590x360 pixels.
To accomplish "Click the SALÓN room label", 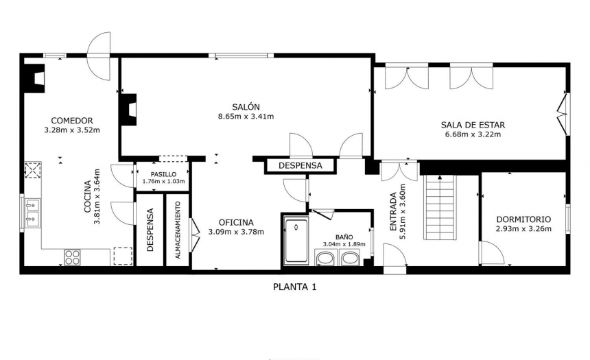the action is (246, 107).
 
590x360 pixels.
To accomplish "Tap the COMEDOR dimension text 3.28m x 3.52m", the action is (72, 130).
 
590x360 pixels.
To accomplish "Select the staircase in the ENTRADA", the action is (440, 207).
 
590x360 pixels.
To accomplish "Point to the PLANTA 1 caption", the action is (294, 287).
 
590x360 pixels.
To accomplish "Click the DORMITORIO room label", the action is (523, 219).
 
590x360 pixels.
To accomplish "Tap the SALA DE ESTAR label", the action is (473, 125).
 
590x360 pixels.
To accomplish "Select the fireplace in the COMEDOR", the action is (34, 79).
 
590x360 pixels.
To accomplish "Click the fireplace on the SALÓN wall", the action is (128, 109).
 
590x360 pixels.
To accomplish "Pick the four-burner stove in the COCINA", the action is (72, 257).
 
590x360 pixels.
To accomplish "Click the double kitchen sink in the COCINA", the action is (32, 213).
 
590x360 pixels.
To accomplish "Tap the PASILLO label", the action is (163, 175).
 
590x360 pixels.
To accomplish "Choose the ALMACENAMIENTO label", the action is (178, 230).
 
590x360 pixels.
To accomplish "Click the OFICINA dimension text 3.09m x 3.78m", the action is (236, 232).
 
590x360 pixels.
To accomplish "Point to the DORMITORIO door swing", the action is (492, 253).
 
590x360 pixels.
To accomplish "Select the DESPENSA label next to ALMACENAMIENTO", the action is (150, 230).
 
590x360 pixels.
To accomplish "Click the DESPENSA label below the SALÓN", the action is (300, 165).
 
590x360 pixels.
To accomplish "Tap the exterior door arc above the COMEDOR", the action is (99, 56).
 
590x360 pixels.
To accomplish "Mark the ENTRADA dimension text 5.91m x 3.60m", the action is (403, 212).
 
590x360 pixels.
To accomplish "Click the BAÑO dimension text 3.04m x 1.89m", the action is (344, 244).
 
